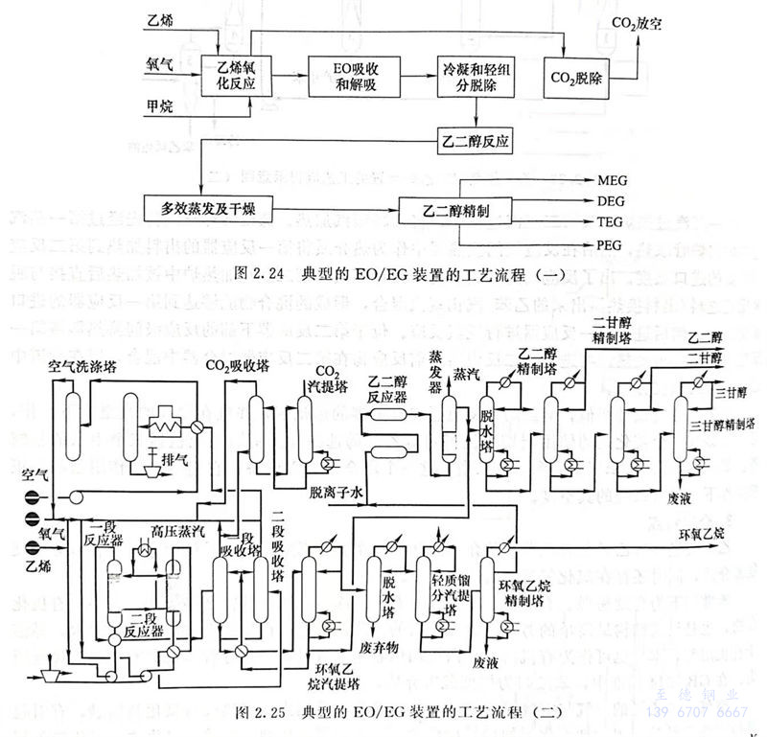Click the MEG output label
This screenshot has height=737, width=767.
pyautogui.click(x=611, y=179)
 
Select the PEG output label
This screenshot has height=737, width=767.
pyautogui.click(x=610, y=245)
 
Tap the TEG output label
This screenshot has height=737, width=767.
pyautogui.click(x=610, y=223)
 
